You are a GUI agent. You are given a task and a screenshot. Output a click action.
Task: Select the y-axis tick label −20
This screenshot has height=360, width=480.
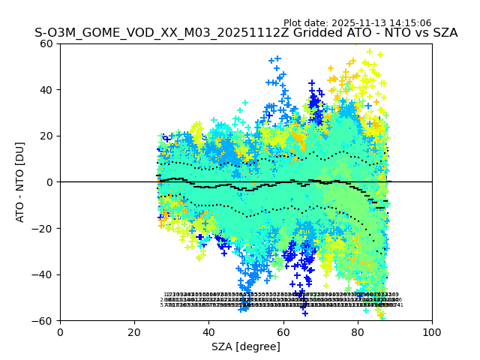point(45,229)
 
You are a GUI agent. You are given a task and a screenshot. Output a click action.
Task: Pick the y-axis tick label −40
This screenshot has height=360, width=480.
point(45,274)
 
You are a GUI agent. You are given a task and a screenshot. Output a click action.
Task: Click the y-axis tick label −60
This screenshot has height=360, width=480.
point(45,321)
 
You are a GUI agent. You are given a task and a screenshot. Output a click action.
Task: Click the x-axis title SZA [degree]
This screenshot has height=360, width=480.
point(246,346)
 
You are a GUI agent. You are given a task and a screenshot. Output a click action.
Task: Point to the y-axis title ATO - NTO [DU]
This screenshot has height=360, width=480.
point(21,182)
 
